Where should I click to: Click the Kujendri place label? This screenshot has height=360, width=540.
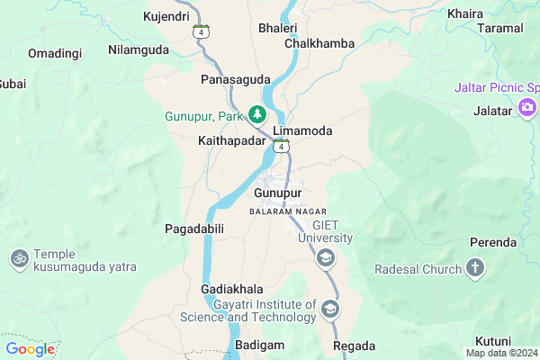(166, 16)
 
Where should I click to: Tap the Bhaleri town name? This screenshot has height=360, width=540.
(277, 28)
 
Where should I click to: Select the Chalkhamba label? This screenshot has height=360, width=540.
(319, 43)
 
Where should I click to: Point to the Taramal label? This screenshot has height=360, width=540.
(501, 28)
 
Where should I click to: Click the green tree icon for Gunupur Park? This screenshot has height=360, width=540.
(257, 114)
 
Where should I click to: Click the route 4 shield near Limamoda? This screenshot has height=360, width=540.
(283, 145)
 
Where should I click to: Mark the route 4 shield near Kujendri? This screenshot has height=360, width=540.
(203, 31)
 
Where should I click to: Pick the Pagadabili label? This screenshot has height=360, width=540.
(193, 229)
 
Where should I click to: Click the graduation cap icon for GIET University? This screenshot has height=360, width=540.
(324, 259)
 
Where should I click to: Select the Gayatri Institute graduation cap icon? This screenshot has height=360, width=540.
(330, 309)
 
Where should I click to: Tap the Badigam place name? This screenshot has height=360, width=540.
(259, 346)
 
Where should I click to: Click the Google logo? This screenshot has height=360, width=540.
(30, 349)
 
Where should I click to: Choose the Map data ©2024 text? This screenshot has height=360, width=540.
(500, 353)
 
